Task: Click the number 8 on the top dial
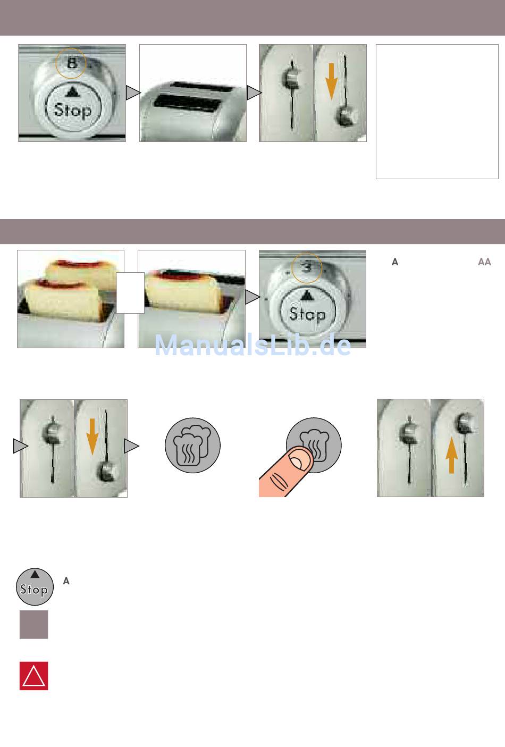[72, 63]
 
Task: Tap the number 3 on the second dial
[307, 267]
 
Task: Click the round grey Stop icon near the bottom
[35, 586]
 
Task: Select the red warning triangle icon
[33, 676]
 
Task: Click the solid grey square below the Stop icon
[33, 625]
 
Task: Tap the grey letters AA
[484, 262]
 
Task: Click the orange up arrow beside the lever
[451, 455]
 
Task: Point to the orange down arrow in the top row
[331, 81]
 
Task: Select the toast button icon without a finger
[192, 445]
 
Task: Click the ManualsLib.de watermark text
[252, 345]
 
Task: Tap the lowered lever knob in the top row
[346, 117]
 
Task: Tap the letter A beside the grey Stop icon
[66, 581]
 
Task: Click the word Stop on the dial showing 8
[73, 110]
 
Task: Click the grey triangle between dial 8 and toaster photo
[133, 93]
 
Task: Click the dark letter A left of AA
[395, 262]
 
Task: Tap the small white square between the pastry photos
[130, 293]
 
